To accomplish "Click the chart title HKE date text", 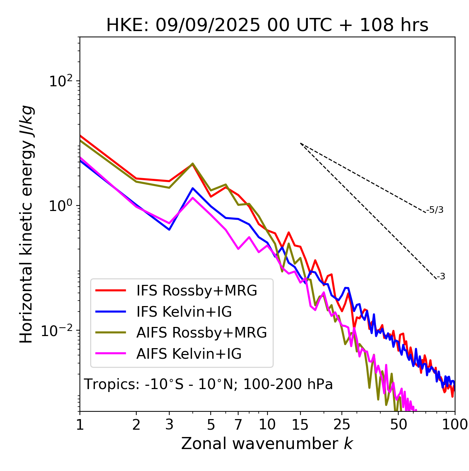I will point(267,26).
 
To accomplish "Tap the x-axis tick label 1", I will point(80,425).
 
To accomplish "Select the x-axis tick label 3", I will point(169,425).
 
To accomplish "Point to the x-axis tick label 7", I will point(238,425).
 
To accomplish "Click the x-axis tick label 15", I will point(300,425).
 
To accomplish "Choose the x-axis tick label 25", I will point(342,425).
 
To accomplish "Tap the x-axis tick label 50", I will point(398,425).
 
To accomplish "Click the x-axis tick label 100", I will point(455,425).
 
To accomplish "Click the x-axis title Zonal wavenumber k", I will point(267,444).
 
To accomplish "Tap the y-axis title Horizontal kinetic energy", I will point(26,224).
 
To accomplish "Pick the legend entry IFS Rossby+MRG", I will point(196,290).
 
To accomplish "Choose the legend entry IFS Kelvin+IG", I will point(184,312).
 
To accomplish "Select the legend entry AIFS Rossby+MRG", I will point(202,332).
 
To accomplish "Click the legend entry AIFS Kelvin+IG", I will point(189,354).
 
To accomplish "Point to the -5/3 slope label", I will point(435,210).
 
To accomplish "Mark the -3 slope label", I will point(441,277).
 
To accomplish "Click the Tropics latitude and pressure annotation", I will point(208,385).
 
